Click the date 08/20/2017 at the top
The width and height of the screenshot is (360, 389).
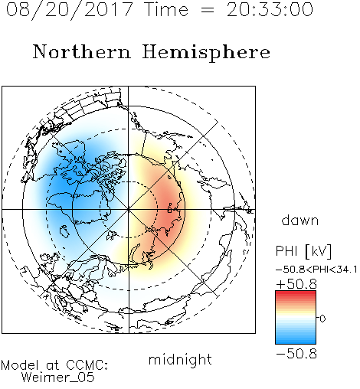tap(69, 10)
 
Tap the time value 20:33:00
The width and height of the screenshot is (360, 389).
tap(270, 10)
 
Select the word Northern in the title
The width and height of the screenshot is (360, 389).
tap(82, 51)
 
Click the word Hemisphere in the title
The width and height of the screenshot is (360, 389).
tap(206, 53)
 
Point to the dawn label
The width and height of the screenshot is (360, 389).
tap(300, 220)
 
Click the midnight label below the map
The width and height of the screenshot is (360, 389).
tap(180, 359)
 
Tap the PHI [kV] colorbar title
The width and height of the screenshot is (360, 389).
tap(303, 251)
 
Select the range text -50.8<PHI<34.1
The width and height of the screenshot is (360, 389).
tap(316, 270)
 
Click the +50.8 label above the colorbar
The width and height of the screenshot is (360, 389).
tap(296, 284)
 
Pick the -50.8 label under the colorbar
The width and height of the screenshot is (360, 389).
tap(296, 354)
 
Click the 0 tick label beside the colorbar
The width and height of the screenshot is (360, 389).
tap(322, 319)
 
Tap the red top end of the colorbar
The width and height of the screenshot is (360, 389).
tap(296, 293)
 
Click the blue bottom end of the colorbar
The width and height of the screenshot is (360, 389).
tap(296, 342)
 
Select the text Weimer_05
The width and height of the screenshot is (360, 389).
tap(58, 378)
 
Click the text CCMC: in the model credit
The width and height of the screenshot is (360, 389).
tap(87, 365)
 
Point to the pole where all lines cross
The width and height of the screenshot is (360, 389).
tap(129, 209)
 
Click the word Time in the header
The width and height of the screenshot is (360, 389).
tap(166, 10)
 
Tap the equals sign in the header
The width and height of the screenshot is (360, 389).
tap(208, 10)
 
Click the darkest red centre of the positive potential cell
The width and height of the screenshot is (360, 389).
tap(169, 209)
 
